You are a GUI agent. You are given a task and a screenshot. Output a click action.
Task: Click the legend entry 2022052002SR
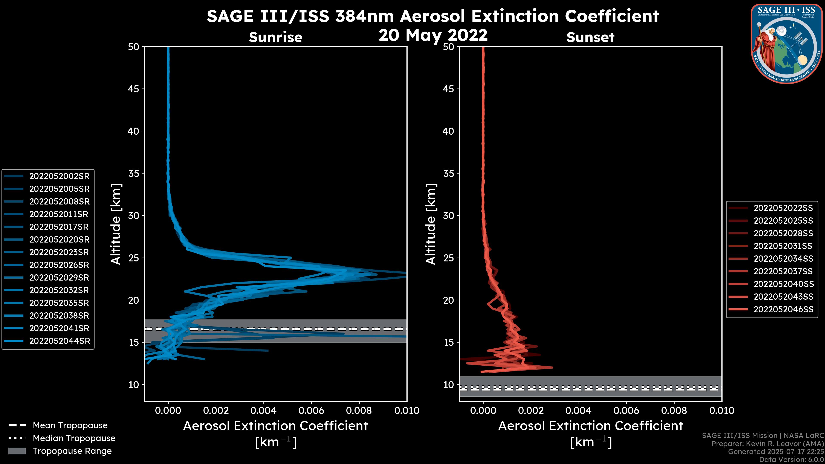(59, 176)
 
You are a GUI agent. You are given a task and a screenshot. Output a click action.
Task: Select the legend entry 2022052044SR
(60, 341)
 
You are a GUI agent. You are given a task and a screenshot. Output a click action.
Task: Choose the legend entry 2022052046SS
(783, 309)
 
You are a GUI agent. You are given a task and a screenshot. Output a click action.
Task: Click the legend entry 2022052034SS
(783, 259)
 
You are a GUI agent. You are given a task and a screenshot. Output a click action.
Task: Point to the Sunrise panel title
(275, 37)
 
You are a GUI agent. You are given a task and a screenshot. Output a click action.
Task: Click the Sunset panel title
(590, 37)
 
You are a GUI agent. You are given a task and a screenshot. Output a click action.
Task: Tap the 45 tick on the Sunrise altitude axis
(134, 89)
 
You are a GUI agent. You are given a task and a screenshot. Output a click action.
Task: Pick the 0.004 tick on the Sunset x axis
(579, 411)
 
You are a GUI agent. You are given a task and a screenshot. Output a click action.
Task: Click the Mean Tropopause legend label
(70, 426)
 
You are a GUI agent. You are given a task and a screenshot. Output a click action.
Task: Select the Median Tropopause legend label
(74, 438)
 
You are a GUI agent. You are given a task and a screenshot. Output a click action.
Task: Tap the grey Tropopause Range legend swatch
(17, 451)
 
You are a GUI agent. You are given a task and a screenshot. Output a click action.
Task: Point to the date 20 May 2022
(433, 35)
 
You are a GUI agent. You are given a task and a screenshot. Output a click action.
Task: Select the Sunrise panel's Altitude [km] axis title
(116, 224)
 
